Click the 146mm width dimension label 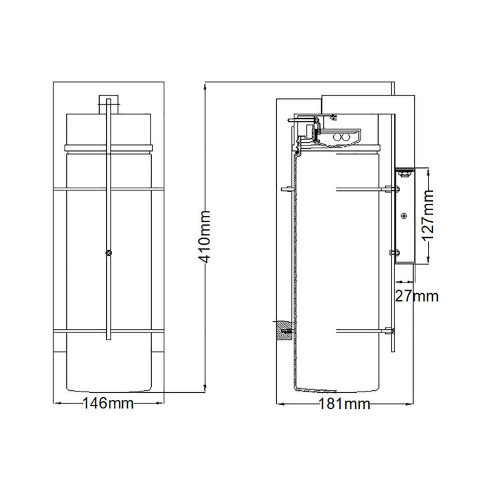(x=108, y=403)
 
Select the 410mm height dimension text (x=205, y=237)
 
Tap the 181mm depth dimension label (x=344, y=404)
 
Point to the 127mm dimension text (x=427, y=216)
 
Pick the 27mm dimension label (x=416, y=296)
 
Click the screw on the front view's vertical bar (x=108, y=253)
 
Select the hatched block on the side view (x=284, y=331)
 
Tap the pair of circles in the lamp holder (x=341, y=137)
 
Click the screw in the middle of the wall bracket (x=404, y=216)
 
